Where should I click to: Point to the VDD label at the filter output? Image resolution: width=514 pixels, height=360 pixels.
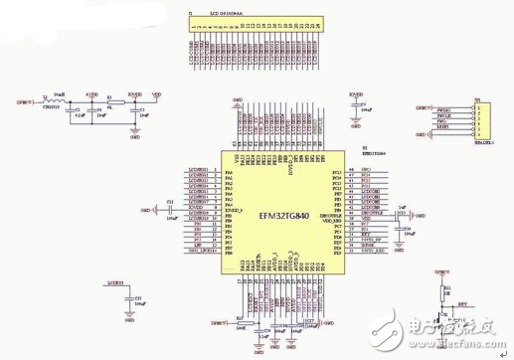pos(156,94)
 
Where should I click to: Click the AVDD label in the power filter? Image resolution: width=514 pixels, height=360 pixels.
pos(92,94)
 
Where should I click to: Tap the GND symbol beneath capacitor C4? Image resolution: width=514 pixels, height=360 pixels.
pos(356,123)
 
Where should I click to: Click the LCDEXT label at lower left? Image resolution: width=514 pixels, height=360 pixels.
pos(115,283)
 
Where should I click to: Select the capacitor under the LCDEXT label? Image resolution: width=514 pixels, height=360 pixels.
pos(129,299)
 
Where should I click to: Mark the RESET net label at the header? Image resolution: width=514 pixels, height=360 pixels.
pos(443,127)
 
